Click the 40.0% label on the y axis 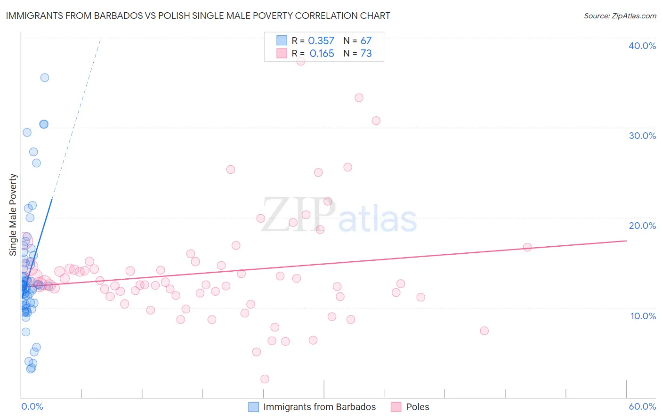click(x=642, y=46)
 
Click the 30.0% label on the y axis click(x=642, y=136)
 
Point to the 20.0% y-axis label click(x=642, y=226)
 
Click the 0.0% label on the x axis click(x=32, y=407)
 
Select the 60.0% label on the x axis click(x=642, y=407)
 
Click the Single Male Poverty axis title click(x=13, y=215)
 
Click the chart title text click(x=198, y=16)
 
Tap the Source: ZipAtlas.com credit click(x=620, y=16)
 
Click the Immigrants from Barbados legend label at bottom click(x=319, y=407)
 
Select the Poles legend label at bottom click(x=418, y=407)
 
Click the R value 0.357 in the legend click(x=321, y=41)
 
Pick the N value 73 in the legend click(x=366, y=54)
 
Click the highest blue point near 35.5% click(x=45, y=78)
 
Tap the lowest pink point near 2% click(x=265, y=379)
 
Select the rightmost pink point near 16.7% click(x=527, y=247)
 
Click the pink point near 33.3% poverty click(x=359, y=98)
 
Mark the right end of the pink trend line click(x=626, y=241)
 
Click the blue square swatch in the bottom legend click(x=253, y=407)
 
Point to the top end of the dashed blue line click(x=100, y=40)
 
